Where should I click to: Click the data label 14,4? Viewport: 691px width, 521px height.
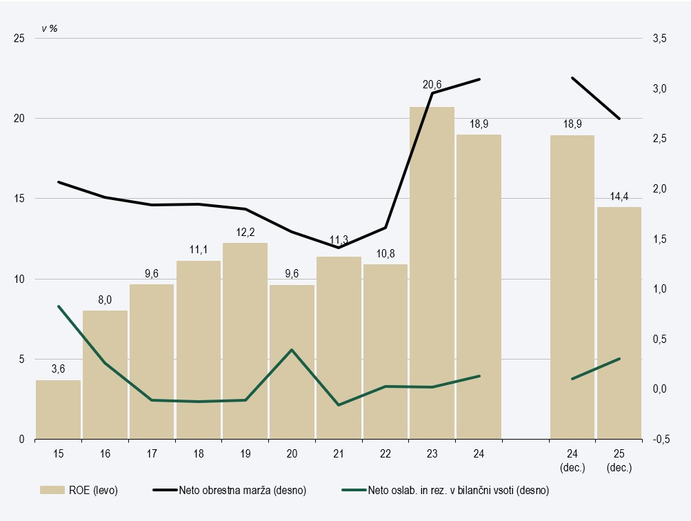[619, 197]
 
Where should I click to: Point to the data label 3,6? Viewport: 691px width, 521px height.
[59, 369]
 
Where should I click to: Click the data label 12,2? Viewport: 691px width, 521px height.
[245, 233]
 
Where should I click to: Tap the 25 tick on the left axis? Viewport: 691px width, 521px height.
[19, 39]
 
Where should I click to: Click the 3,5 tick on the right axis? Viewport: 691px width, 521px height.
[660, 39]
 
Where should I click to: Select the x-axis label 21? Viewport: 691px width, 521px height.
[339, 453]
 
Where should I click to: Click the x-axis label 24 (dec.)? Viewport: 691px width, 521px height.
[572, 460]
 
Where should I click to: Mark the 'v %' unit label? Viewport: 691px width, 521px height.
[49, 28]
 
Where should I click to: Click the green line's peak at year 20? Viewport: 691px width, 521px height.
[292, 350]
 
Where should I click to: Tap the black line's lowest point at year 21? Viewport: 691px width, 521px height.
[339, 247]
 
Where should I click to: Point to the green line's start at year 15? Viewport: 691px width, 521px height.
[59, 306]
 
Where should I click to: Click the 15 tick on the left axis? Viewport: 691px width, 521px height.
[19, 199]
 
